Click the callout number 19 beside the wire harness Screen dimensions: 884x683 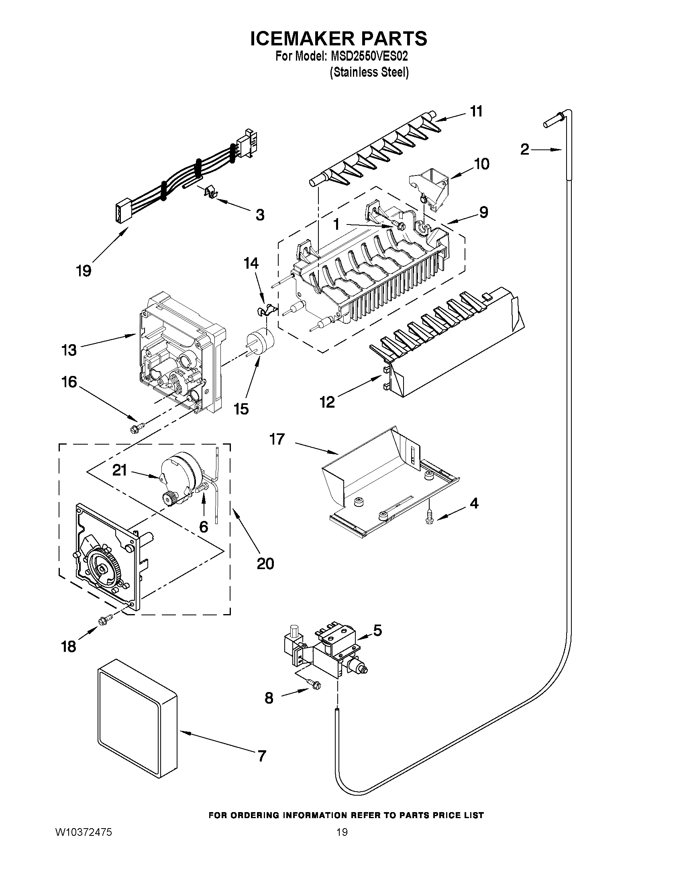click(84, 270)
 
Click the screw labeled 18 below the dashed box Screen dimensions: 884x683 click(105, 631)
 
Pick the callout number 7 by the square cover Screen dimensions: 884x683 click(262, 756)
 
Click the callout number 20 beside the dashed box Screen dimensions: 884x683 click(265, 563)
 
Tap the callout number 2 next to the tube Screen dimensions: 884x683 click(524, 150)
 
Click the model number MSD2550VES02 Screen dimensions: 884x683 click(369, 55)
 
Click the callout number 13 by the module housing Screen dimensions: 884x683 click(69, 350)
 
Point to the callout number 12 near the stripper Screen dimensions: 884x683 click(327, 402)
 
